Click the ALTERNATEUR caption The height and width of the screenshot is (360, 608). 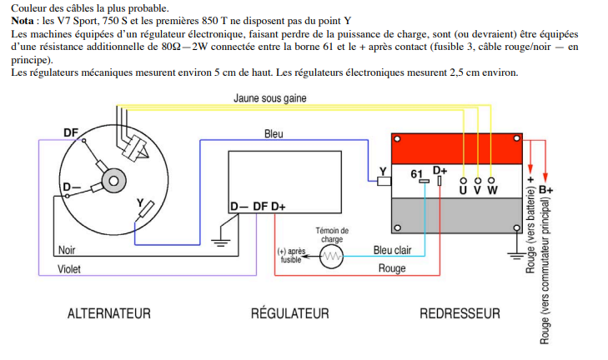(x=108, y=313)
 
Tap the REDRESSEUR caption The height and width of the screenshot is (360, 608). (x=460, y=313)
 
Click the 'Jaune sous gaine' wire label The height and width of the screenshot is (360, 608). (x=269, y=98)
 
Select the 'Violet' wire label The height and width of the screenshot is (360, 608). (x=69, y=269)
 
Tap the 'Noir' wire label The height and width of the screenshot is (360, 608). (x=67, y=249)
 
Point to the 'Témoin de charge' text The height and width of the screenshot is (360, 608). (x=332, y=234)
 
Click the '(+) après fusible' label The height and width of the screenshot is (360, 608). (x=290, y=255)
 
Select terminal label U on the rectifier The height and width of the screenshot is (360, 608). (x=463, y=190)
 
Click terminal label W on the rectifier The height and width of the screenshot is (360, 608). (x=492, y=190)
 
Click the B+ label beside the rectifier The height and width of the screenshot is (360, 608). (x=546, y=190)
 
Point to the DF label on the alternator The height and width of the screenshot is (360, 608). (x=72, y=132)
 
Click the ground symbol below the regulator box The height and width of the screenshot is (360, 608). (x=220, y=242)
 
